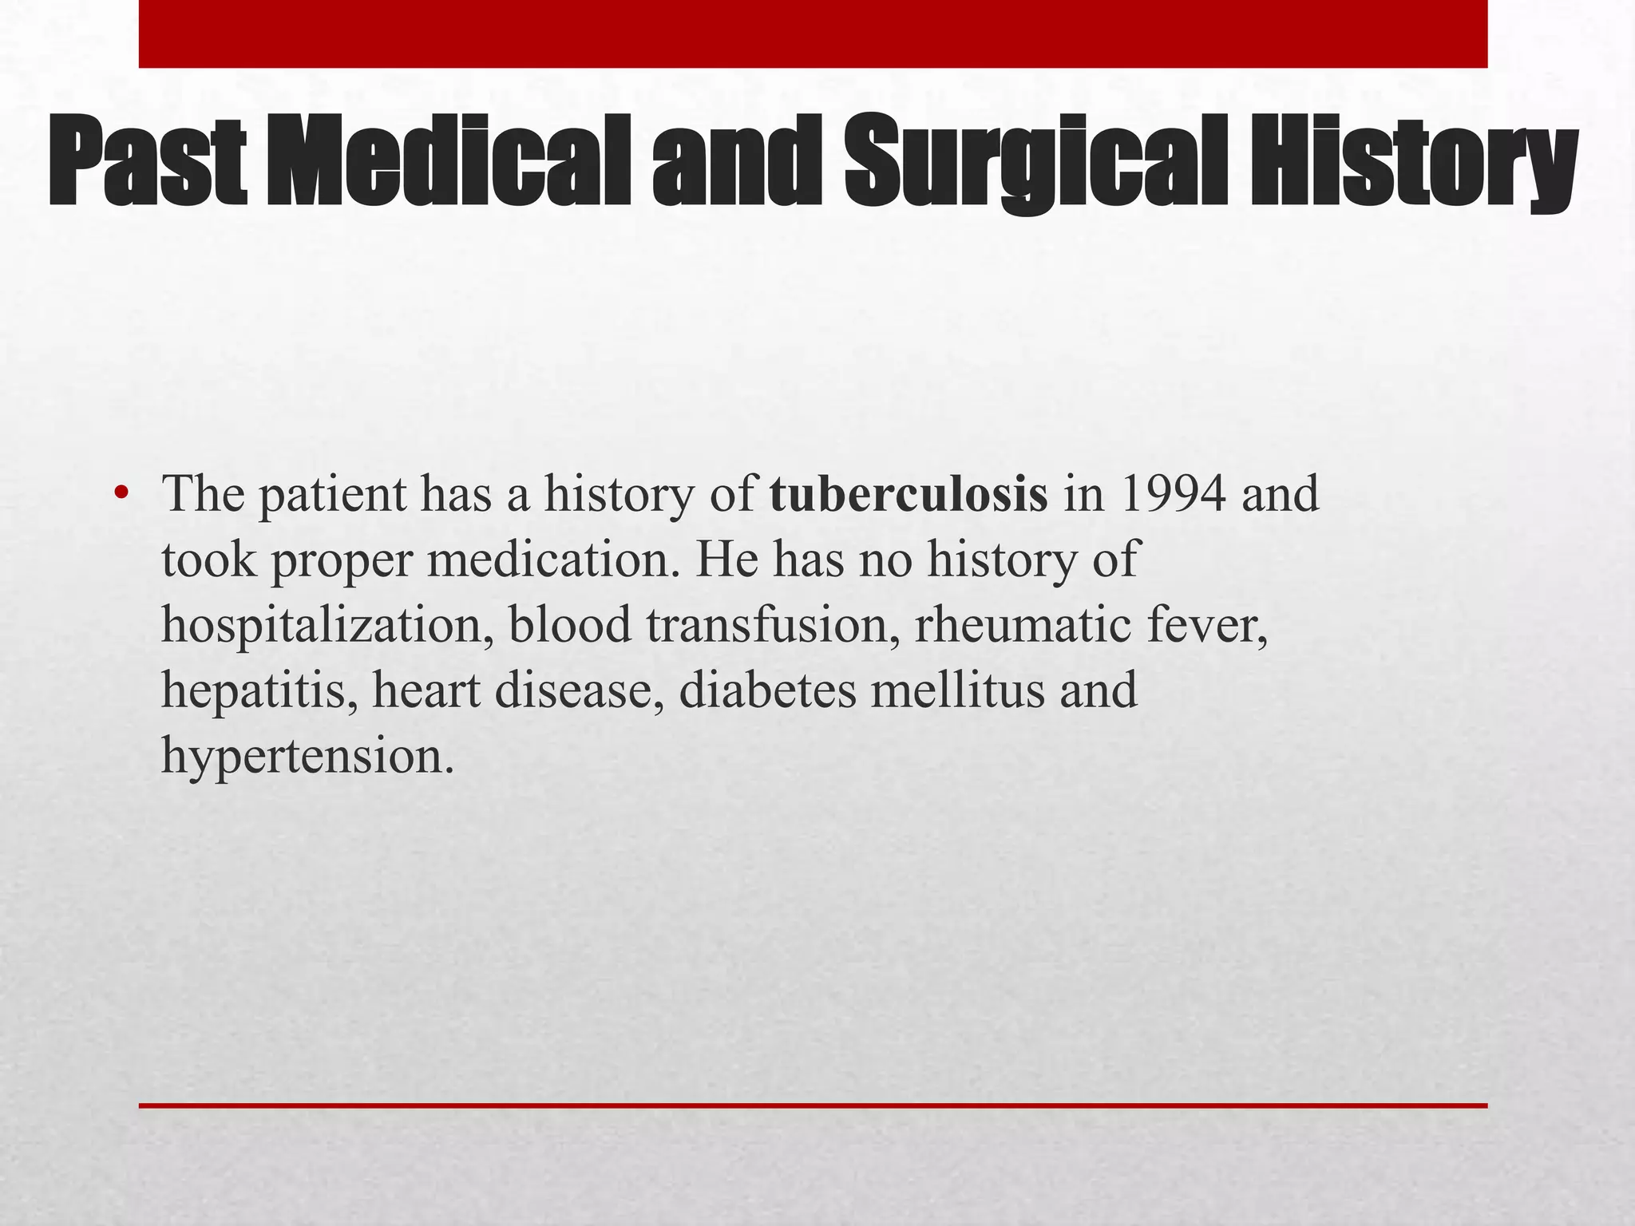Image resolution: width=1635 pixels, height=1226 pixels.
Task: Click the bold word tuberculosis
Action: (909, 495)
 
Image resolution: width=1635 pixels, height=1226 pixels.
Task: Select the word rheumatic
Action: (1023, 624)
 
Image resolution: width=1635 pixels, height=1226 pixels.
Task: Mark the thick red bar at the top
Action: (813, 34)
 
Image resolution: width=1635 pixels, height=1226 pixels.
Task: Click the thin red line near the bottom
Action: (813, 1105)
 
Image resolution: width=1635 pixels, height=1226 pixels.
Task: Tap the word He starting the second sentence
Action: (726, 560)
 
